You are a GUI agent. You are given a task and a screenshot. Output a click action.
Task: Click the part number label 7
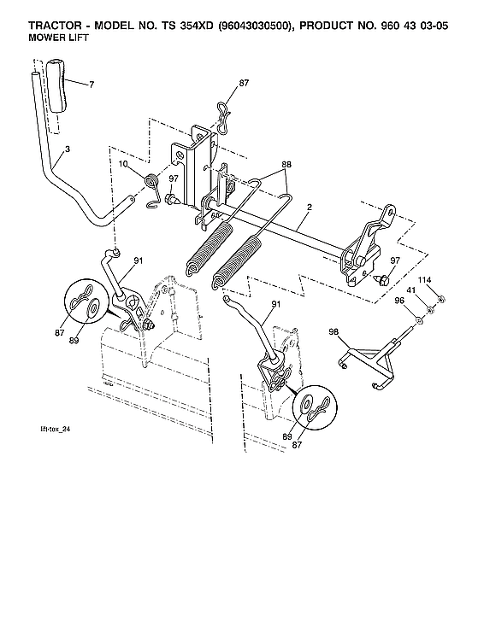pyautogui.click(x=91, y=84)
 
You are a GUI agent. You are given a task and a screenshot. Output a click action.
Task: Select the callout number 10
pyautogui.click(x=123, y=164)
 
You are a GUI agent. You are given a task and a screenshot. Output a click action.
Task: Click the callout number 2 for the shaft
pyautogui.click(x=309, y=207)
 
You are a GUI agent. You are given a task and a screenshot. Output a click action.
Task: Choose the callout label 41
pyautogui.click(x=412, y=290)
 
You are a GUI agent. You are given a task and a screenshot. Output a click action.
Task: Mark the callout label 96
pyautogui.click(x=399, y=300)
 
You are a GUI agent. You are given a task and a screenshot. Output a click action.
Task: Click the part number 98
pyautogui.click(x=333, y=331)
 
